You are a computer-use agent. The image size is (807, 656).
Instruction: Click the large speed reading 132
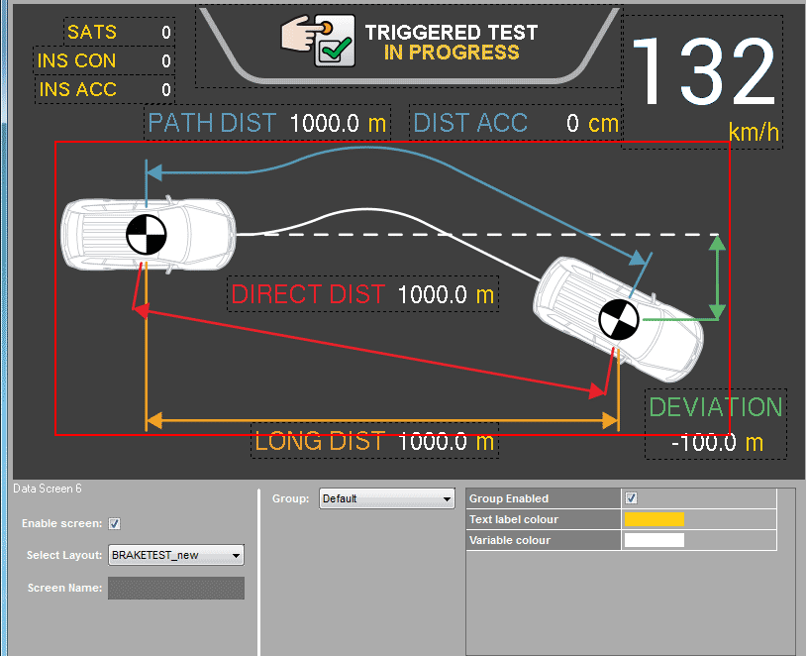tap(703, 72)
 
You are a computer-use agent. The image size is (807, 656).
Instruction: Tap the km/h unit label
tap(753, 132)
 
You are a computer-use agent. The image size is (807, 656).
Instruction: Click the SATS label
tap(91, 32)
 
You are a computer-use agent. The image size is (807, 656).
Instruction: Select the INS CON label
tap(76, 60)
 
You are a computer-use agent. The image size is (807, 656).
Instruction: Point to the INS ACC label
tap(77, 89)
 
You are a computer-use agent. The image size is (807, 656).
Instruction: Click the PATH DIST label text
tap(212, 123)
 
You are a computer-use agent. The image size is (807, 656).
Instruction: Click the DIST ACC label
tap(470, 123)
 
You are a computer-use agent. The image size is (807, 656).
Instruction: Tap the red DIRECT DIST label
tap(307, 294)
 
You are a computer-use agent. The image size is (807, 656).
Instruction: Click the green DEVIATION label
tap(715, 407)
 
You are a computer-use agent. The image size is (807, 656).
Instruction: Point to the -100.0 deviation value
tap(703, 442)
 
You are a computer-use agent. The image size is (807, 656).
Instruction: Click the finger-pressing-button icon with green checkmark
tap(319, 42)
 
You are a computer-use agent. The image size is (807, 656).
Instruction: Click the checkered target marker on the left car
tap(147, 235)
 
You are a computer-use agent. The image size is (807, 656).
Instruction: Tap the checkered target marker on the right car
tap(620, 321)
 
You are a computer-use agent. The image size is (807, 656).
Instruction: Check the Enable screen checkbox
tap(114, 523)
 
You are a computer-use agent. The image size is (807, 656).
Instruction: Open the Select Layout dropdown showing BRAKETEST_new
tap(175, 555)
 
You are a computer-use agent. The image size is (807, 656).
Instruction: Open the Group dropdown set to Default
tap(386, 498)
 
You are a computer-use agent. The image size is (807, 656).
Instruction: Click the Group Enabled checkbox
tap(632, 498)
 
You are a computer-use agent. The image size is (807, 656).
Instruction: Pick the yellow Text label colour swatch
tap(654, 519)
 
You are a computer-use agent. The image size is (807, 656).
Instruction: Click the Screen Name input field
tap(175, 588)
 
